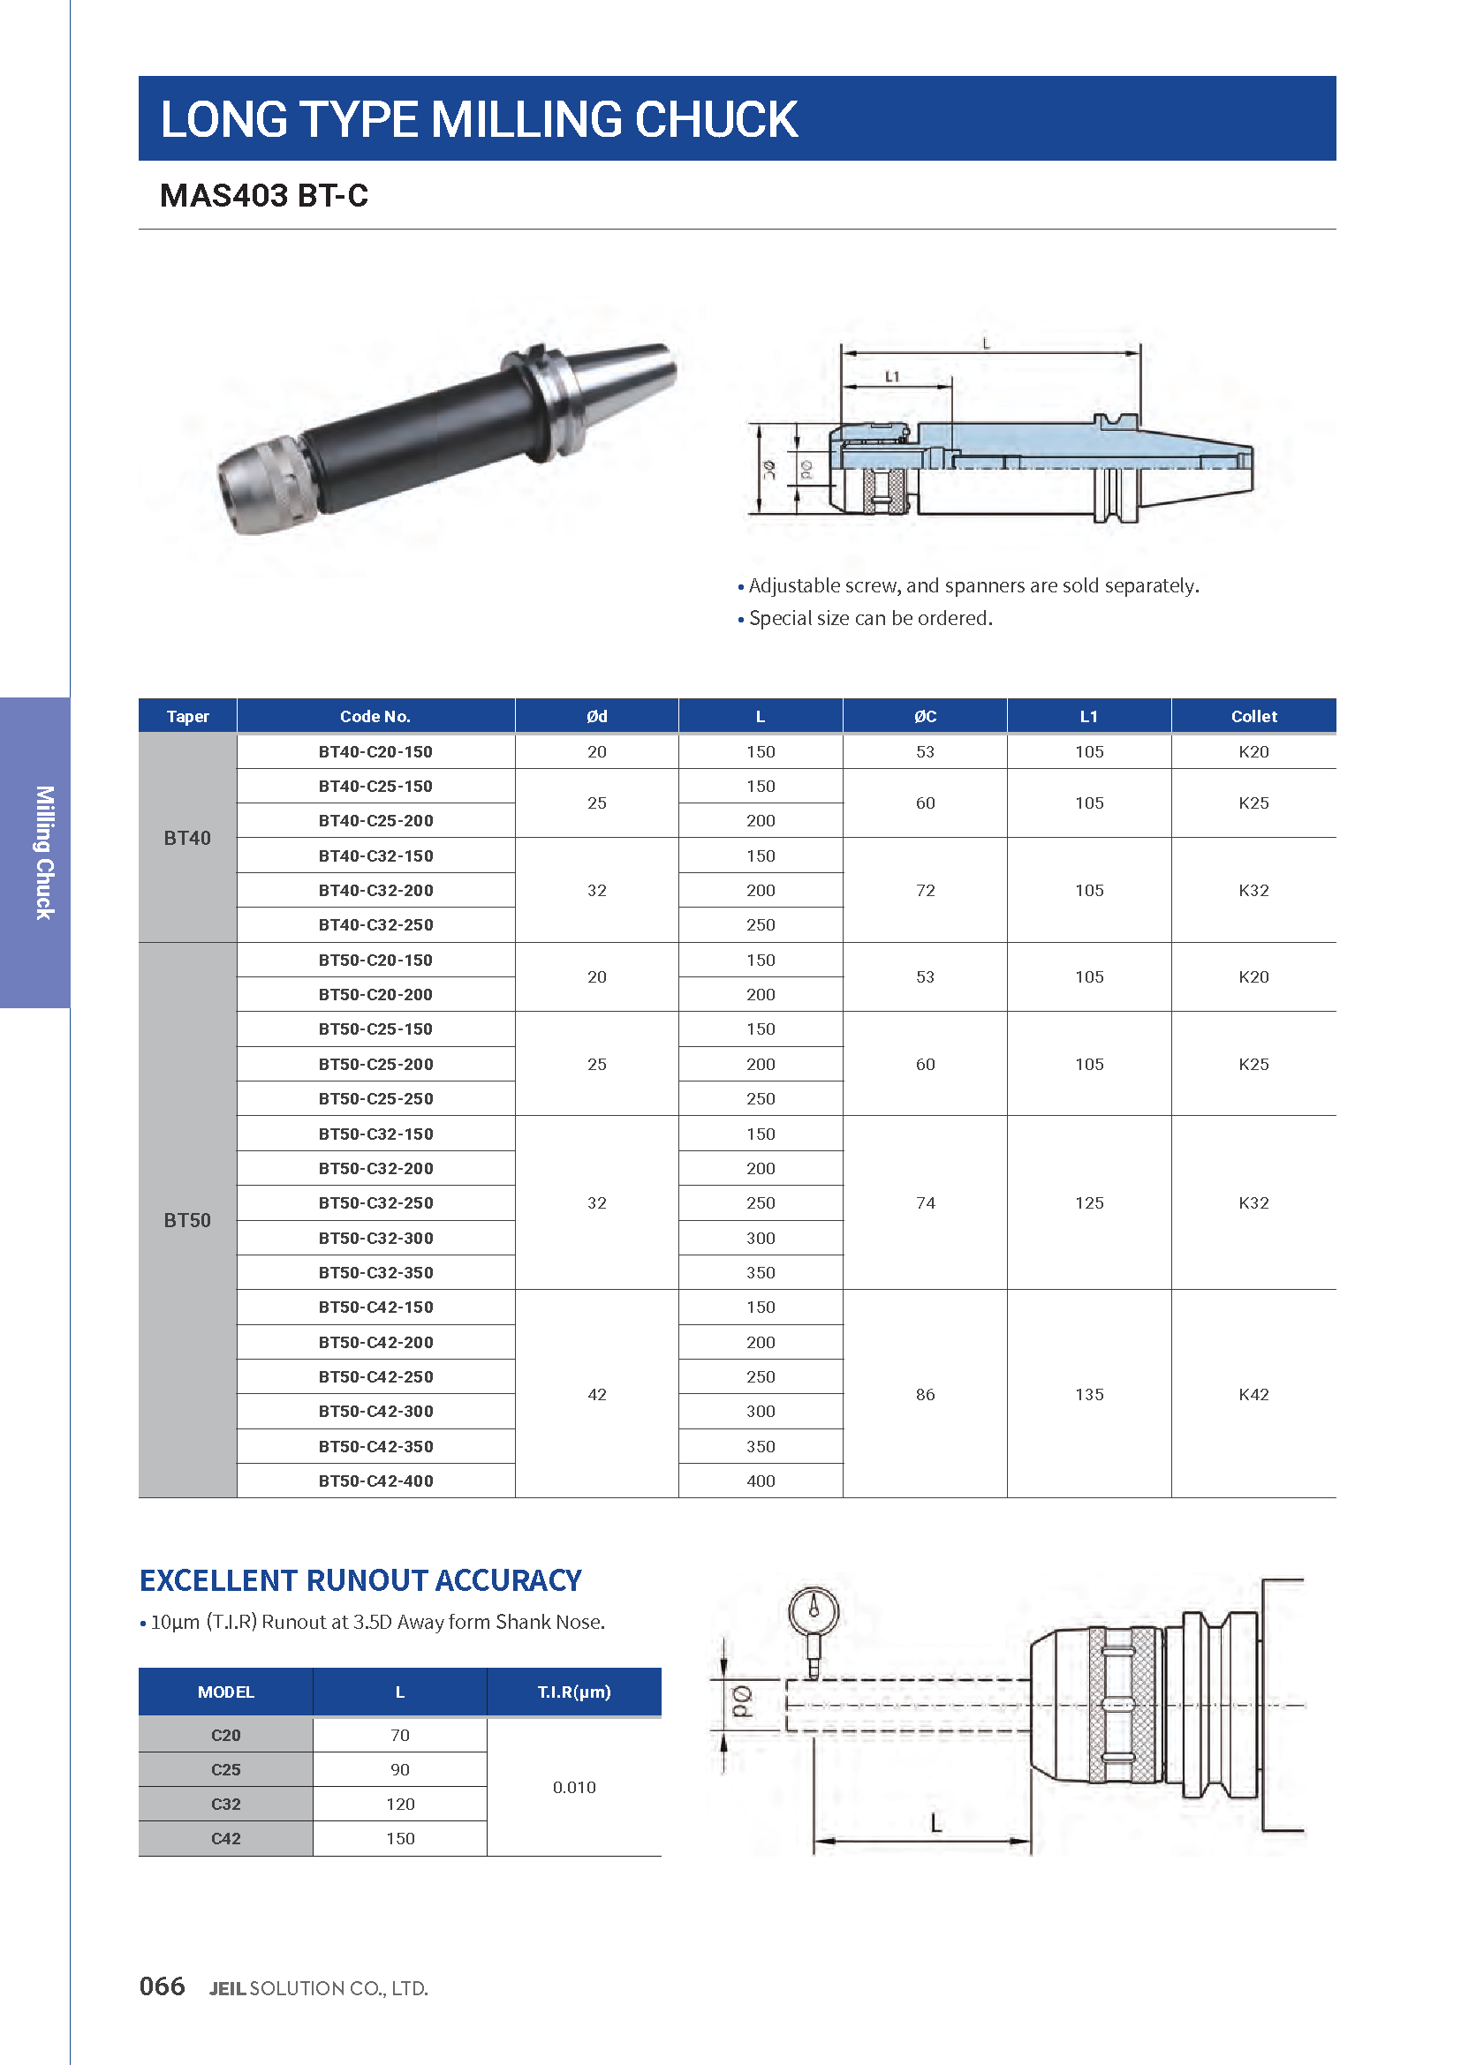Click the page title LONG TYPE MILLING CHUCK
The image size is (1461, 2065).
pos(479,118)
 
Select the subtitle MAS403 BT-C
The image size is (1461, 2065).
pos(263,195)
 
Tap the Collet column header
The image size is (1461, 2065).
pos(1253,716)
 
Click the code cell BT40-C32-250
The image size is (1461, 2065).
pos(375,924)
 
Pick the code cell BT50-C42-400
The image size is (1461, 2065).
pos(375,1481)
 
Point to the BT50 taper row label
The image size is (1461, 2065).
pos(187,1219)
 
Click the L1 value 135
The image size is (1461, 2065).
pos(1088,1394)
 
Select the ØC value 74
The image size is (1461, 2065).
pos(925,1202)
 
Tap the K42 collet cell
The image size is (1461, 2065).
pos(1253,1394)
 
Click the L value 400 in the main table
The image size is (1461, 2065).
pos(761,1481)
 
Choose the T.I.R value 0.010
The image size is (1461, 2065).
pos(574,1786)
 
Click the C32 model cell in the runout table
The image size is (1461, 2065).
pos(226,1804)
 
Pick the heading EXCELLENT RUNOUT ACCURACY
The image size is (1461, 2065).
pos(360,1580)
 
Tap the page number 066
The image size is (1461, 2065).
pos(162,1986)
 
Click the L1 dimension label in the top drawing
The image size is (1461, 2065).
pos(891,377)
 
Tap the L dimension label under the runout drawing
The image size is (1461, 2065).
pos(935,1823)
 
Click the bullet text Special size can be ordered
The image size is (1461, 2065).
pos(870,618)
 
